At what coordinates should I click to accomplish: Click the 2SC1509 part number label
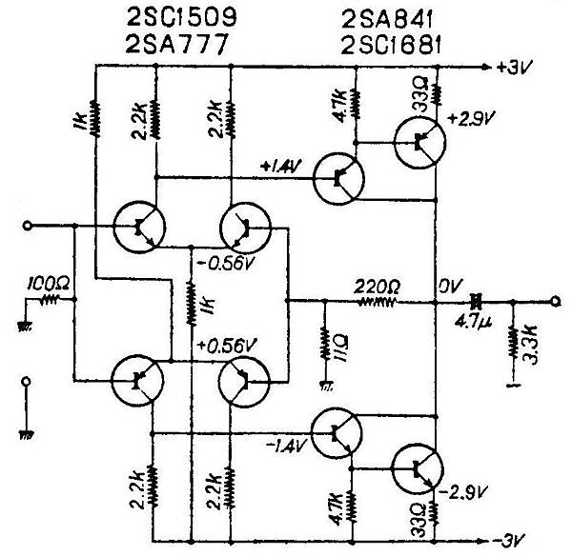pyautogui.click(x=181, y=17)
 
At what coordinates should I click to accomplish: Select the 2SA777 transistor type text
pyautogui.click(x=176, y=44)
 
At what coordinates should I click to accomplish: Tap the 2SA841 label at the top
pyautogui.click(x=387, y=20)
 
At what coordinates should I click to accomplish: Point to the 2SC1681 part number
pyautogui.click(x=391, y=45)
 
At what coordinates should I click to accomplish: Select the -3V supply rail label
pyautogui.click(x=510, y=540)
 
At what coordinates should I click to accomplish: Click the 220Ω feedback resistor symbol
pyautogui.click(x=378, y=302)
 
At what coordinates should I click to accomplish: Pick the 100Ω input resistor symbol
pyautogui.click(x=50, y=300)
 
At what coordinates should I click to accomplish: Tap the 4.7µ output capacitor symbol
pyautogui.click(x=475, y=301)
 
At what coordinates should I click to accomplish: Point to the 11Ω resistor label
pyautogui.click(x=341, y=347)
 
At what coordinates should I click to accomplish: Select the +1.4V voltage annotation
pyautogui.click(x=281, y=167)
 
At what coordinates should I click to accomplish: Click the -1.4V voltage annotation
pyautogui.click(x=287, y=446)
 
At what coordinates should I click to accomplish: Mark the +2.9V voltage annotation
pyautogui.click(x=472, y=119)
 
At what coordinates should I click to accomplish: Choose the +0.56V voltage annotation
pyautogui.click(x=227, y=346)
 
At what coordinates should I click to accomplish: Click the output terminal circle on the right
pyautogui.click(x=555, y=301)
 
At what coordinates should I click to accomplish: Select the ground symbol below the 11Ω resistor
pyautogui.click(x=325, y=386)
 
